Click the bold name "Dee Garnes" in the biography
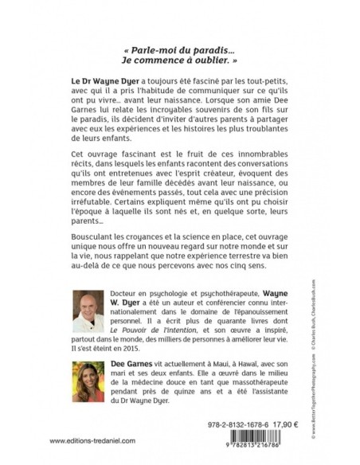(x=131, y=361)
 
